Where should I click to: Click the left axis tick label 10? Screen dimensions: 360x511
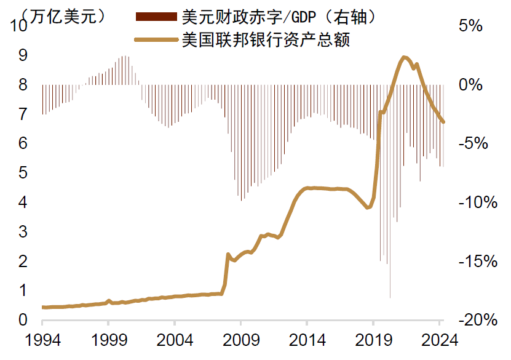[19, 26]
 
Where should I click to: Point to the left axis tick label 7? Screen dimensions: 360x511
[23, 114]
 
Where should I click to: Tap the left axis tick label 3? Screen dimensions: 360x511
[23, 232]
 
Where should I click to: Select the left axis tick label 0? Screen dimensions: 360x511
[23, 320]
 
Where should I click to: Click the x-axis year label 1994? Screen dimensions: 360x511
[42, 340]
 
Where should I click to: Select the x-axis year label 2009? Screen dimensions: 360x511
[240, 340]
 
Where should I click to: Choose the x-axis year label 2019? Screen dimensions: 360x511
[373, 340]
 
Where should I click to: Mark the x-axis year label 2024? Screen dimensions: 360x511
[440, 340]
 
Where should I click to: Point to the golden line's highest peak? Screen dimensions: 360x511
[404, 57]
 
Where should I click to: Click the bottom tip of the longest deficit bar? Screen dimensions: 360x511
[390, 298]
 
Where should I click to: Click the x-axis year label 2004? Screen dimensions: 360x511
[174, 340]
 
